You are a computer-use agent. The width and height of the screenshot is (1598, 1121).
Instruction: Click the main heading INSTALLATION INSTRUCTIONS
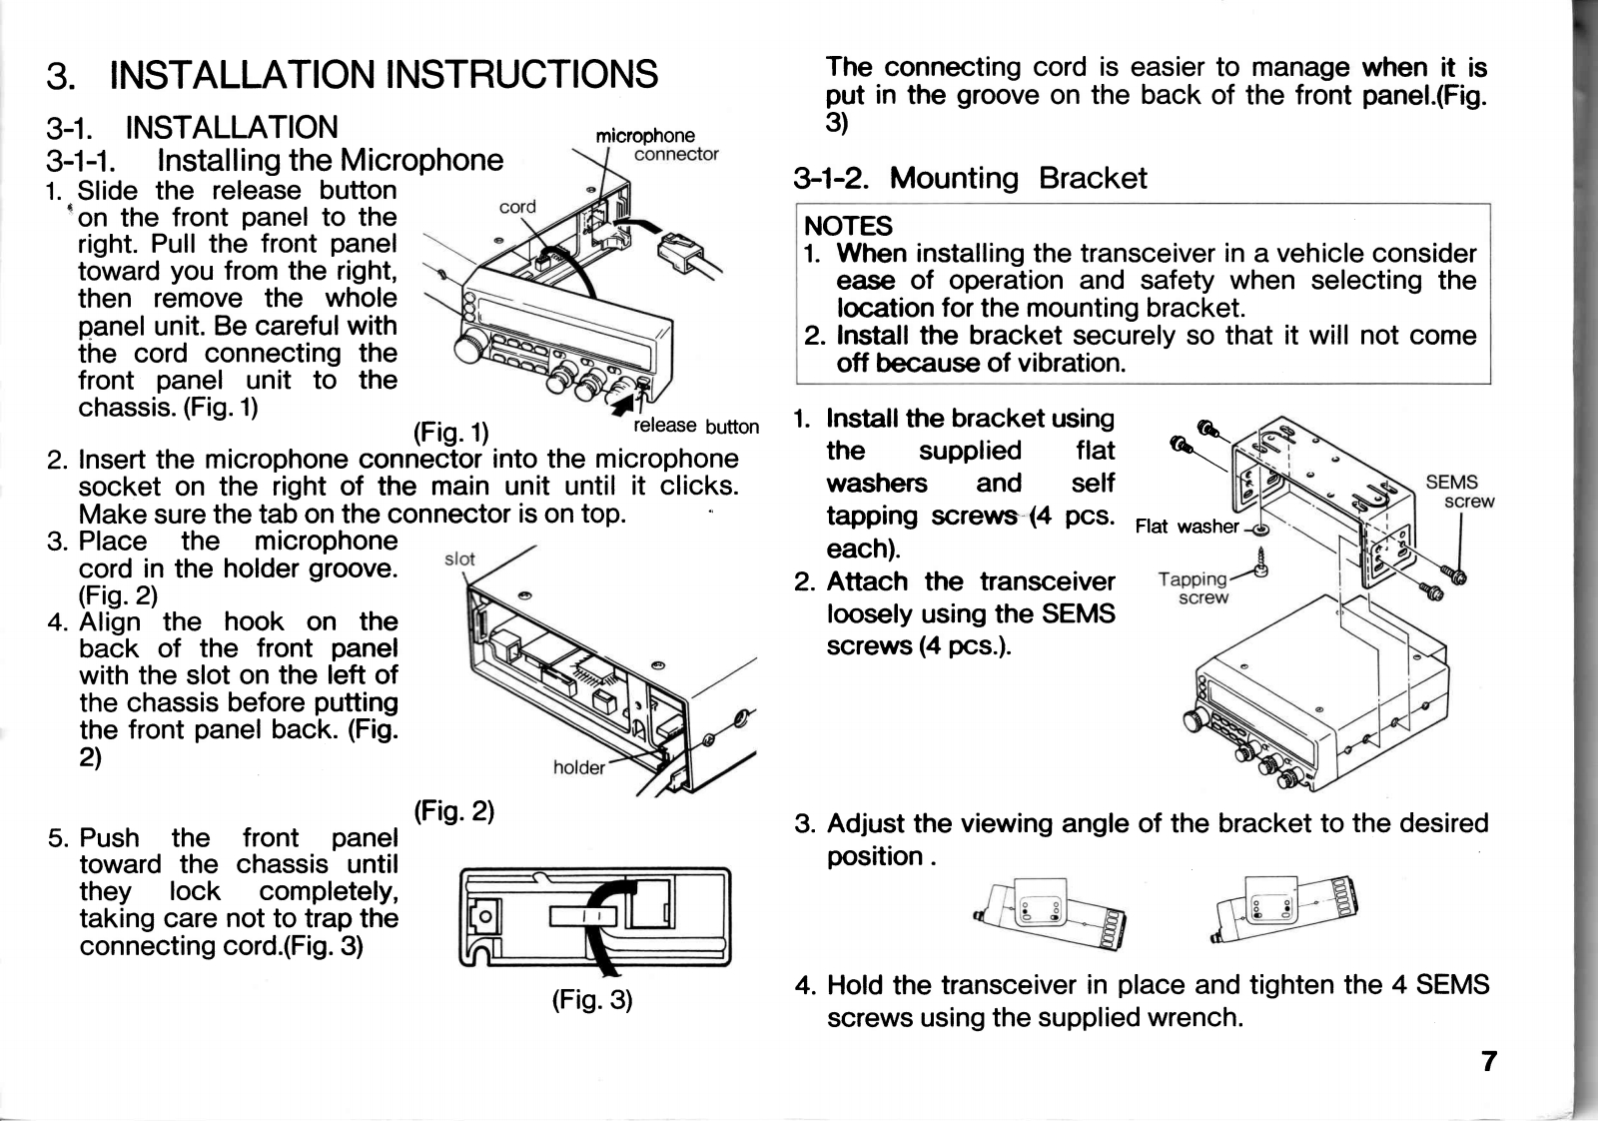[384, 75]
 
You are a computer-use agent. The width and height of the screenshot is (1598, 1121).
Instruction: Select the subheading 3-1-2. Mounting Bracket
[969, 179]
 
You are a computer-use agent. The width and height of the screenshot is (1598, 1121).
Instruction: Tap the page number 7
[1488, 1061]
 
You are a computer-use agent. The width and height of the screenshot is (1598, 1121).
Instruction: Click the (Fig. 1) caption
[450, 433]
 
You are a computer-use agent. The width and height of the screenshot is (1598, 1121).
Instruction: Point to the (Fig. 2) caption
[454, 810]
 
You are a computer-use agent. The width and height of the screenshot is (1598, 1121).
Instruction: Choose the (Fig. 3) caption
[592, 999]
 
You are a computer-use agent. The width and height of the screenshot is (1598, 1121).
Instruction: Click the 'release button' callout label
[696, 427]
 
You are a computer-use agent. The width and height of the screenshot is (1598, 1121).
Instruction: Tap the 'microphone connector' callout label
[654, 145]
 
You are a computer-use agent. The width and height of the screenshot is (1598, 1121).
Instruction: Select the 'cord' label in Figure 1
[517, 207]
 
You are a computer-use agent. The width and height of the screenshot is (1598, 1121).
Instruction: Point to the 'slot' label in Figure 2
[458, 559]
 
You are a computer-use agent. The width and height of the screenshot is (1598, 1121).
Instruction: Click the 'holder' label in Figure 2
[578, 767]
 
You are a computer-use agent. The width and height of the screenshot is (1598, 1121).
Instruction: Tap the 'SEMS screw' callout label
[1457, 492]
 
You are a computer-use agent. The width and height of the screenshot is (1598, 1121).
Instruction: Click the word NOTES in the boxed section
[848, 226]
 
